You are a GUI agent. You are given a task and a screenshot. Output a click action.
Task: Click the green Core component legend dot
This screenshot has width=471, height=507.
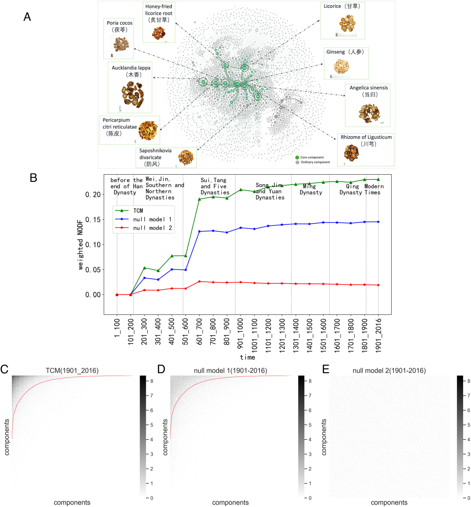point(297,157)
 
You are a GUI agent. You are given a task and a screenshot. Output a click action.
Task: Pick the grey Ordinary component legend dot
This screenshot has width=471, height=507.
point(297,162)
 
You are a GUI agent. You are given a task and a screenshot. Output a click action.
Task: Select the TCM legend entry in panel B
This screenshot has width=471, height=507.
point(133,211)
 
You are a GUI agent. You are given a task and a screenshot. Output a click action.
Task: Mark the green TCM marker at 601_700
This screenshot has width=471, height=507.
point(199,199)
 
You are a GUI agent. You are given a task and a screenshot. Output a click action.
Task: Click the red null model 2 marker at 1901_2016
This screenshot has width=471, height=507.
point(378,285)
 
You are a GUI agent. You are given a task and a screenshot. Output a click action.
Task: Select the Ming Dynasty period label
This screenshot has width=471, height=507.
point(311,190)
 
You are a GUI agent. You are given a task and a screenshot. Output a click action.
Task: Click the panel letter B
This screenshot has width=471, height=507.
point(33,178)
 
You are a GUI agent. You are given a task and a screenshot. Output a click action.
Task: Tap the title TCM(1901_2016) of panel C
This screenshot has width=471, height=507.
point(72,371)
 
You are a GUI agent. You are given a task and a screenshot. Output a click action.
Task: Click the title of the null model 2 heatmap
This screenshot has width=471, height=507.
point(389,371)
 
